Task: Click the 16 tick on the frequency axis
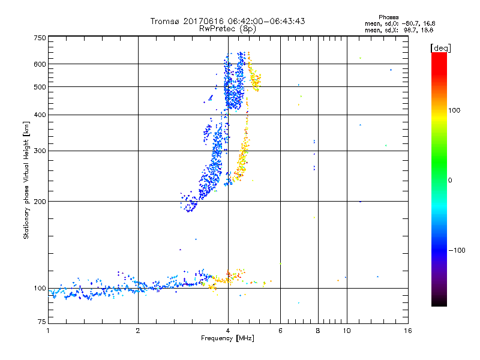[407, 331]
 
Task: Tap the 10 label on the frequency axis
[347, 331]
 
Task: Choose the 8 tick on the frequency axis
[318, 331]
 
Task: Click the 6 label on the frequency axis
[280, 331]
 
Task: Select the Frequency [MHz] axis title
[228, 339]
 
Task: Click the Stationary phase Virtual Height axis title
[26, 180]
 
